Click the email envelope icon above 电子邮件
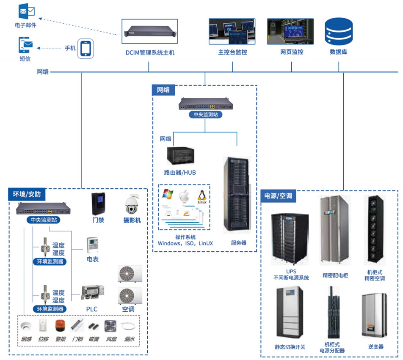[x=26, y=11]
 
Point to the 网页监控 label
[x=292, y=52]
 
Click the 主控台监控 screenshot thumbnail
[x=232, y=32]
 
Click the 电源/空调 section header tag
[x=278, y=196]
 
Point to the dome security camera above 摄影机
[x=132, y=205]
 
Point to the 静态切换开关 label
[x=290, y=347]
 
